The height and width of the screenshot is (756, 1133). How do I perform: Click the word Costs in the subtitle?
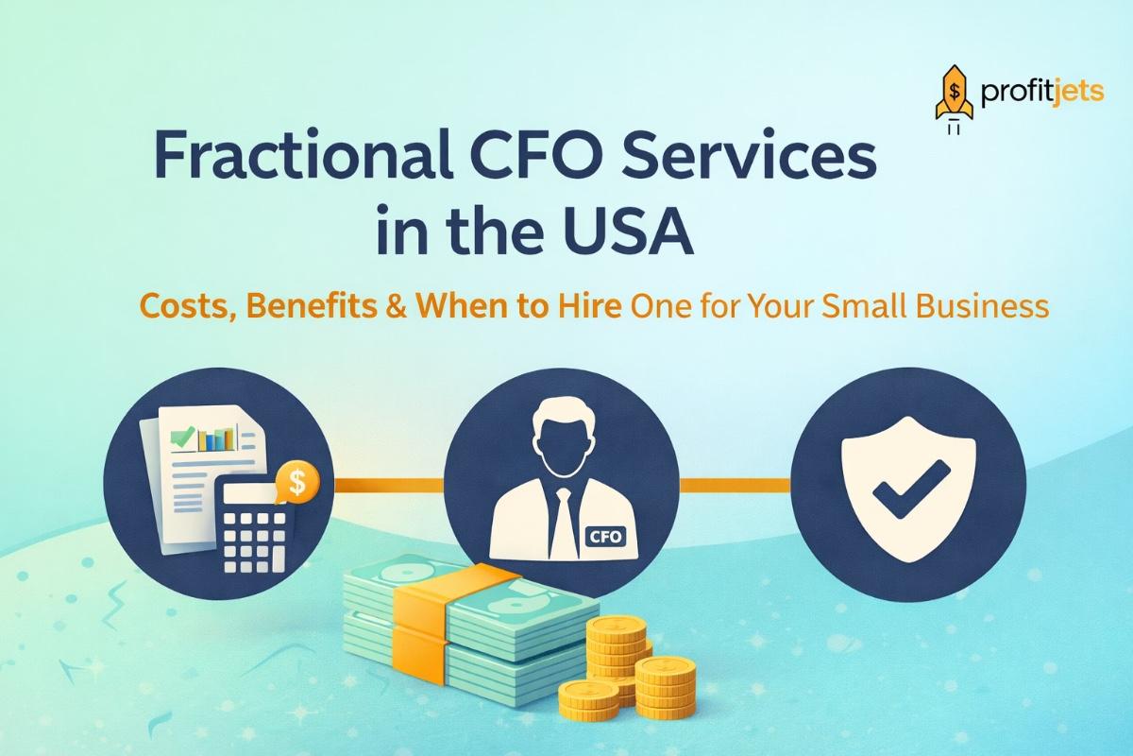178,307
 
